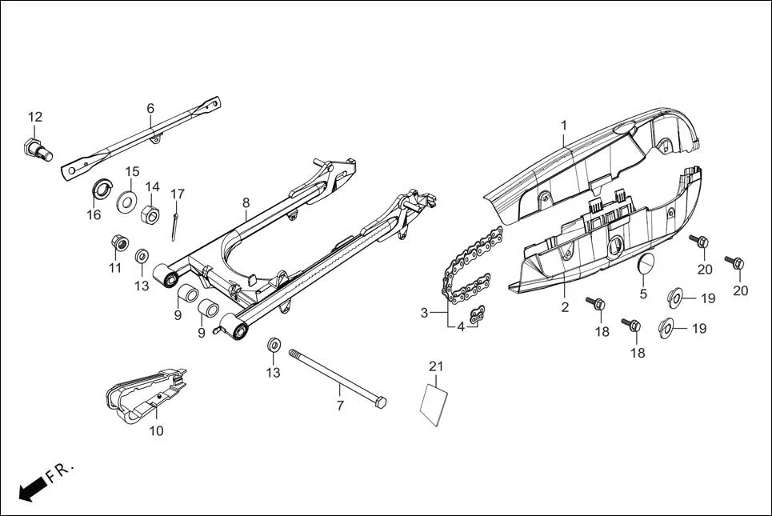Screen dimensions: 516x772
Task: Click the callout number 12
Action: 35,117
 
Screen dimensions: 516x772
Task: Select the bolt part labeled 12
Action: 37,149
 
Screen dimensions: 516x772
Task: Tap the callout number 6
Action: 150,108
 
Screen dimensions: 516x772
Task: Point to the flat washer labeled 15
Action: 127,198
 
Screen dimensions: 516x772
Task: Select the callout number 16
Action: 94,214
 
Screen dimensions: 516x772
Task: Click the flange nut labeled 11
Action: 117,241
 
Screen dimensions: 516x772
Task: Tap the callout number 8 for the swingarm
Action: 246,202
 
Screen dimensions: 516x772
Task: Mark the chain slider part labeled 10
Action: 148,396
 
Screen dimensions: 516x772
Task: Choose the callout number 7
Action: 339,406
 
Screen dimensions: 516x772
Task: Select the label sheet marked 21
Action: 434,402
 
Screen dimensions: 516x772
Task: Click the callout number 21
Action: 435,366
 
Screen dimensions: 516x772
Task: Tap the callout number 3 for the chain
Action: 425,312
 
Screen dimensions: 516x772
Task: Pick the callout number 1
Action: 563,126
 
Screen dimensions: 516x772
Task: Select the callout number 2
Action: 565,306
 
